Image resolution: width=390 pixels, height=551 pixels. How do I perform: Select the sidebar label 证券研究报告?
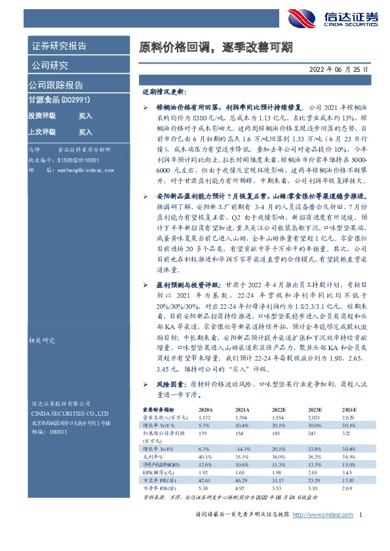click(x=58, y=46)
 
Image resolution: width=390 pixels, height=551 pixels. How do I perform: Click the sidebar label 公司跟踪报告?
click(x=56, y=85)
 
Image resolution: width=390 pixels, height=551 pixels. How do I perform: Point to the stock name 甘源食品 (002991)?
click(x=60, y=100)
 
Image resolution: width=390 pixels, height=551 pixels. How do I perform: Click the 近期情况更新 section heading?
click(x=165, y=93)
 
